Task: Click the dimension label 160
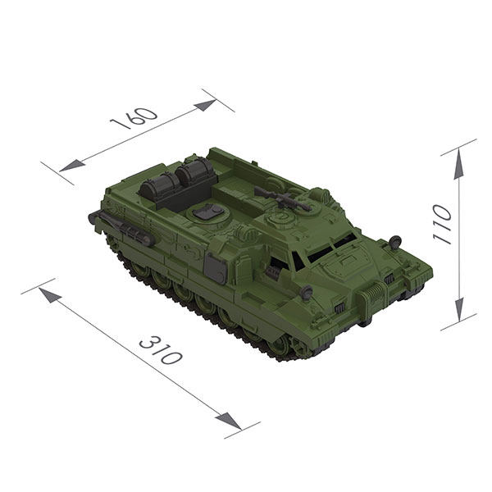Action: click(134, 119)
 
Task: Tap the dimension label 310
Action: click(161, 349)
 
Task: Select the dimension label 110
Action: click(442, 224)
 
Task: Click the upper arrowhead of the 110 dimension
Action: click(458, 164)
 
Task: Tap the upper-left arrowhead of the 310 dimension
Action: click(50, 295)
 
